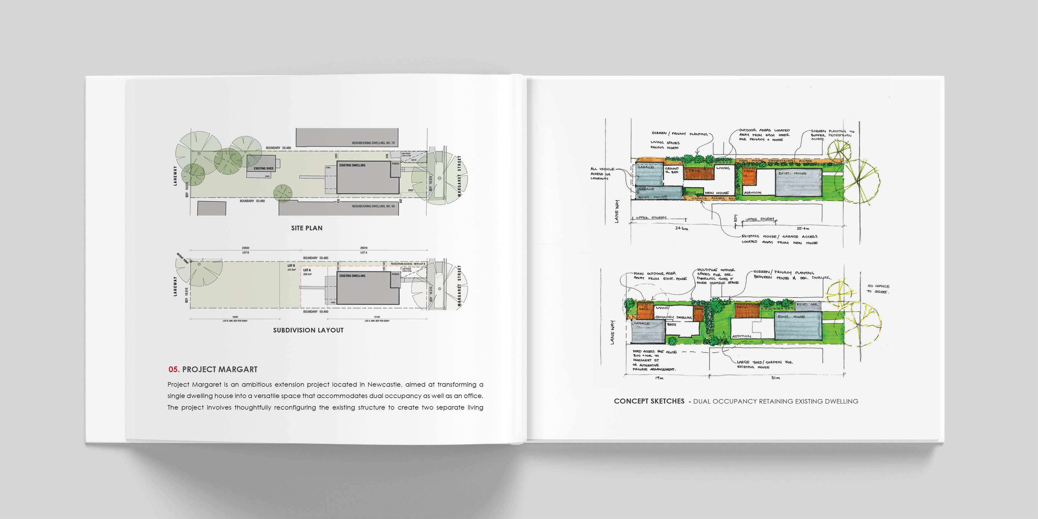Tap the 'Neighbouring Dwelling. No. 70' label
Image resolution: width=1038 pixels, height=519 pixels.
[x=373, y=143]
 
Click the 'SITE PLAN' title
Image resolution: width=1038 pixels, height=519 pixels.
[x=307, y=228]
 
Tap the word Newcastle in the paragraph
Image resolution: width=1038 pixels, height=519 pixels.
[x=384, y=384]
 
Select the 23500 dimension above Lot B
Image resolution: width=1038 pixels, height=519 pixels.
[x=245, y=248]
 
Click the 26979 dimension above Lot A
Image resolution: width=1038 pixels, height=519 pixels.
[x=364, y=248]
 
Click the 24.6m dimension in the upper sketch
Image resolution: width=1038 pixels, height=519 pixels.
[x=681, y=229]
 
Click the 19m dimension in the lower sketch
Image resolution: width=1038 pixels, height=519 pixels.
[x=659, y=378]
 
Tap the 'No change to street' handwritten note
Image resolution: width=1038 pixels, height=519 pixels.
[x=878, y=289]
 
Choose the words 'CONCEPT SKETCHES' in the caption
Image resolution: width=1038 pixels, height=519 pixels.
[x=649, y=401]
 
